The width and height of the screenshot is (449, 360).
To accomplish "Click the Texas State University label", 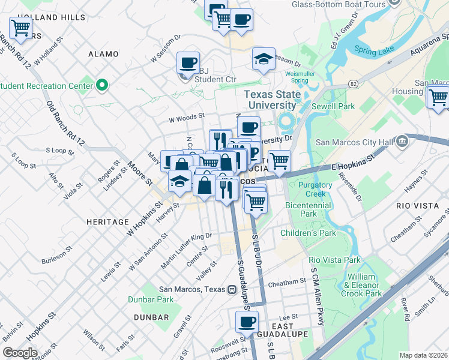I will (270, 100).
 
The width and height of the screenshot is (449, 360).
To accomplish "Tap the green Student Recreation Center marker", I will (102, 85).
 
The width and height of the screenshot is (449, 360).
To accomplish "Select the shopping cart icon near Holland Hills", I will (21, 28).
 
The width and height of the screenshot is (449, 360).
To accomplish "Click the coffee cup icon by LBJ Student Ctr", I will (188, 62).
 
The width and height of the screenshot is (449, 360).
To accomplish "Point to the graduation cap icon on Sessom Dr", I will (264, 58).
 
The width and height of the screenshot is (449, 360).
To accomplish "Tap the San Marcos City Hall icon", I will (402, 142).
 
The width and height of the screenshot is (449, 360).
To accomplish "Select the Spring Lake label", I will (373, 51).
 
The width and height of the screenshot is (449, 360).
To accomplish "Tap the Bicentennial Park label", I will (309, 209).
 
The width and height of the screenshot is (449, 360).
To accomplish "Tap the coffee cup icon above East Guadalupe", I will (247, 322).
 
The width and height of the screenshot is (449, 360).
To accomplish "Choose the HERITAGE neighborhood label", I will (108, 222).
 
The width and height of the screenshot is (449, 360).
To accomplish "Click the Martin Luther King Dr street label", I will (187, 250).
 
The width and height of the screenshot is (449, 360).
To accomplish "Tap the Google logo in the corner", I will (20, 352).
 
